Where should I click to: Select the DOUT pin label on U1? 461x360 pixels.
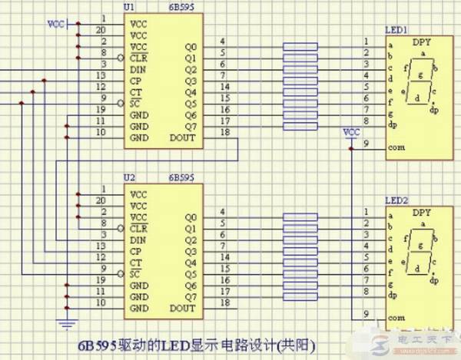(183, 139)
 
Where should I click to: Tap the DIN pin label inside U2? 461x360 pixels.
(139, 239)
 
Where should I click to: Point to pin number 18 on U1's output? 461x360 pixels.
(223, 134)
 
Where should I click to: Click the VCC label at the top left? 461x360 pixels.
(56, 24)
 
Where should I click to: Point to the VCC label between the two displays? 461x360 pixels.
(351, 132)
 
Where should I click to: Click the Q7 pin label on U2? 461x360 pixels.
(190, 296)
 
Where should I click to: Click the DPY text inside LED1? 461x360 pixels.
(421, 45)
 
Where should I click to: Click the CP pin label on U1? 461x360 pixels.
(137, 81)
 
